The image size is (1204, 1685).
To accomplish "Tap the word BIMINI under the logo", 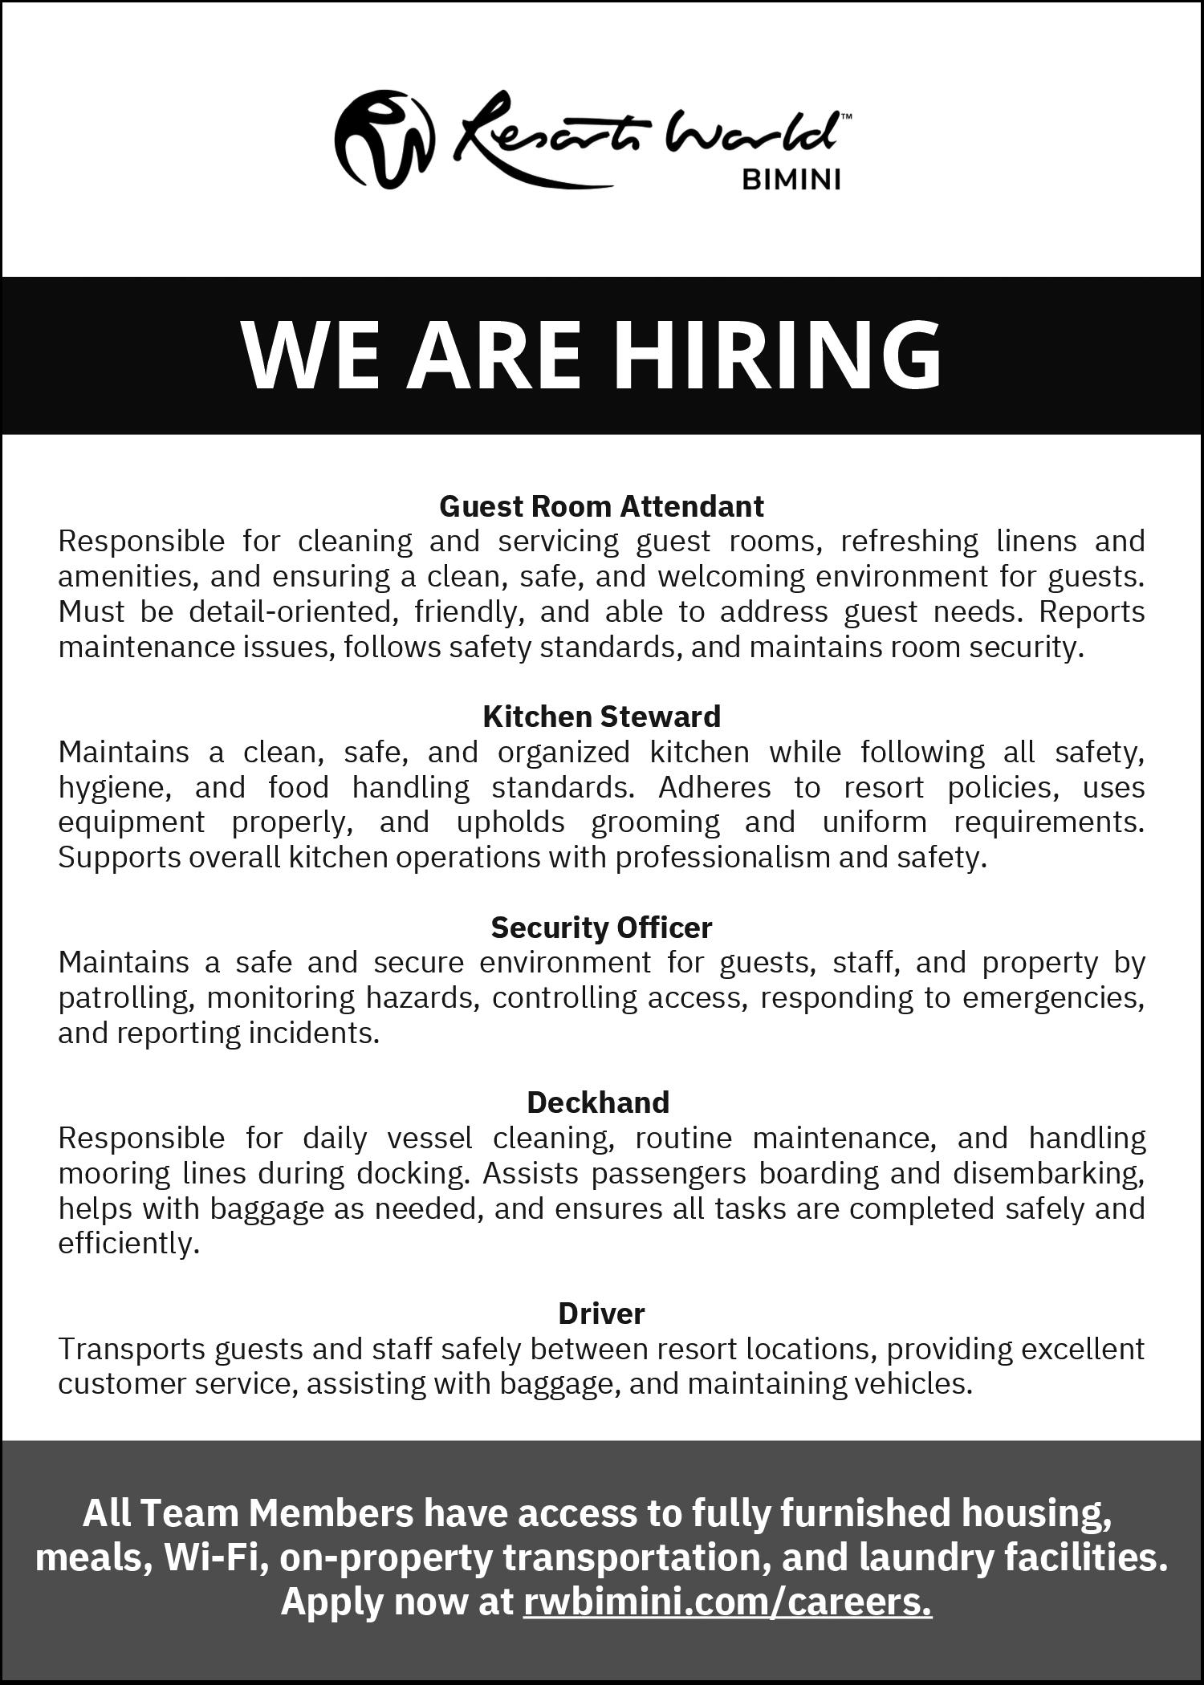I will [791, 180].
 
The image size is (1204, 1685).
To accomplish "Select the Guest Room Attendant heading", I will [601, 506].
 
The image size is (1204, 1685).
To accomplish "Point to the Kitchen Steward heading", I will [601, 717].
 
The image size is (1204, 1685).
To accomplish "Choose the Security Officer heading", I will [601, 928].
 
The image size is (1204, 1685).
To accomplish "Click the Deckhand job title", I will [598, 1102].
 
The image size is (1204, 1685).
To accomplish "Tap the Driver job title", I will [601, 1313].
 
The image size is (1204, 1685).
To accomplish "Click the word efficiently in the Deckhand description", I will [128, 1244].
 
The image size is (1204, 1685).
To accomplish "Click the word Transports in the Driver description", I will [131, 1349].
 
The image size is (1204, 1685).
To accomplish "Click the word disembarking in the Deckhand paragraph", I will [1048, 1173].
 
